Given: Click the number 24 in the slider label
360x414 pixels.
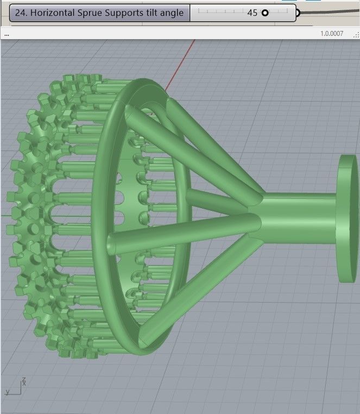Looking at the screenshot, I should [21, 13].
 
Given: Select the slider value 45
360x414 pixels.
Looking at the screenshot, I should [252, 13].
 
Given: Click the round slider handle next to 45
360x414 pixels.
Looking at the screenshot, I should [265, 13].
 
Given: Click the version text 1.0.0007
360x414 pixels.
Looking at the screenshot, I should [332, 34].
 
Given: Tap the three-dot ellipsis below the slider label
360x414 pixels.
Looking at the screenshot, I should [6, 34].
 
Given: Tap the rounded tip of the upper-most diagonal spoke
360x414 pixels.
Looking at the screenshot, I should [132, 112].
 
